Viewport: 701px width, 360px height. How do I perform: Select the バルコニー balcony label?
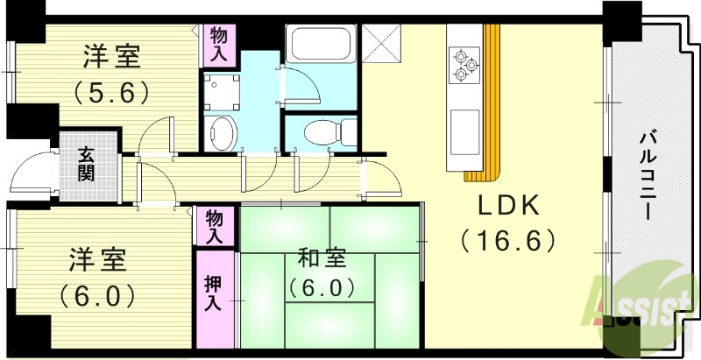tap(649, 175)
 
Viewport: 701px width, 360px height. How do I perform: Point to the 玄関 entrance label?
tap(86, 164)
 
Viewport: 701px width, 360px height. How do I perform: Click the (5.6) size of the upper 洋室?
tap(111, 91)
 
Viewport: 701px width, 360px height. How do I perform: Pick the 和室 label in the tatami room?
tap(322, 258)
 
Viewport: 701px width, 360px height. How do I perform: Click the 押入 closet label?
tap(213, 293)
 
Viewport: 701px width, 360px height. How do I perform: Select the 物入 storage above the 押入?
tap(214, 227)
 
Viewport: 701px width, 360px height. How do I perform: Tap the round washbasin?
tap(222, 133)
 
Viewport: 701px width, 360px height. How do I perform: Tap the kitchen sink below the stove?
tap(464, 127)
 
